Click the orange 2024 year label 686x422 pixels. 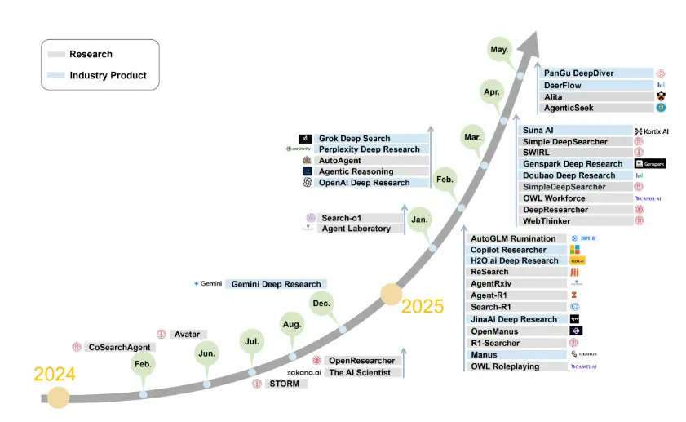tap(55, 375)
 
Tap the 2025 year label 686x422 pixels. tap(423, 306)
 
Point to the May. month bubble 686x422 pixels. tap(500, 49)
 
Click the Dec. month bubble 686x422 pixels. tap(319, 302)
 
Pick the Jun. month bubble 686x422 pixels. tap(206, 353)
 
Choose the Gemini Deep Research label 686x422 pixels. tap(276, 284)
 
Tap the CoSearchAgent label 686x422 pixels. tap(119, 347)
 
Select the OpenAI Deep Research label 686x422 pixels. tap(365, 183)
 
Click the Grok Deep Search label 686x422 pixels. tap(354, 139)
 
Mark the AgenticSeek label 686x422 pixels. tap(569, 108)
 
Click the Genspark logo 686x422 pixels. tap(649, 164)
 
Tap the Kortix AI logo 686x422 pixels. tap(651, 131)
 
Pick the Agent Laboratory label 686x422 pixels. tap(356, 229)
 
